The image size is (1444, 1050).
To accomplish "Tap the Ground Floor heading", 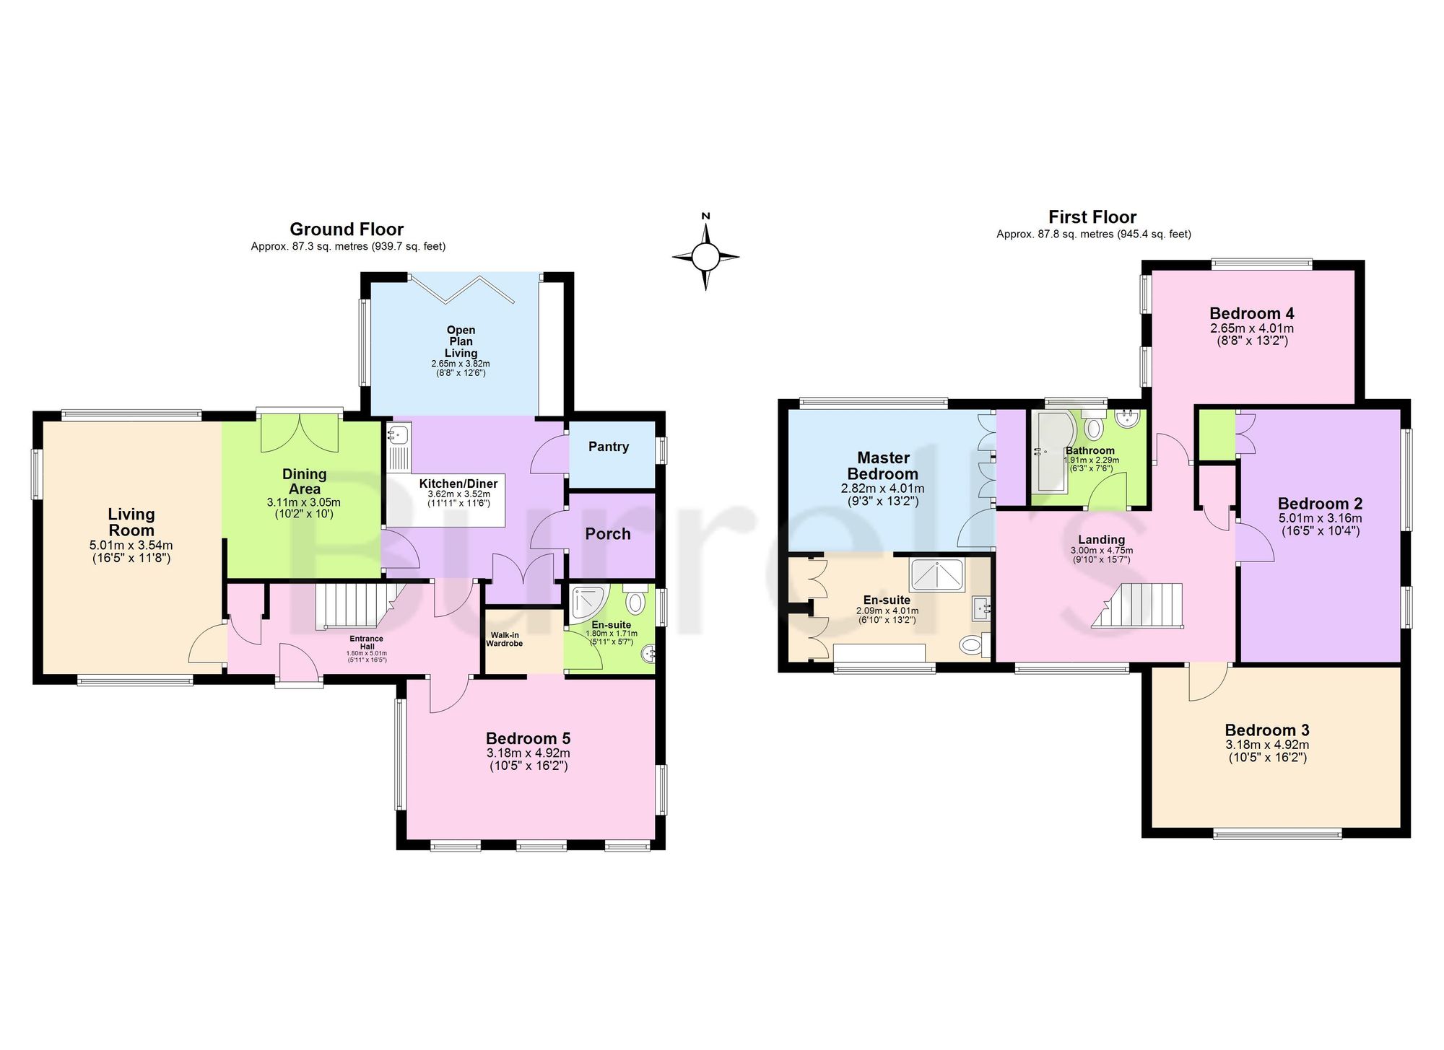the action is point(347,229).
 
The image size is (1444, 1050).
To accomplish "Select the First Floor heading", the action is point(1092,217).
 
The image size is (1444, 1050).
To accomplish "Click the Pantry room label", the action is point(609,447).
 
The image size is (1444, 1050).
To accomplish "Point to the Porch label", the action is point(608,534).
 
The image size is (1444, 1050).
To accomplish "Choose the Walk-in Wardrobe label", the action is point(505,639).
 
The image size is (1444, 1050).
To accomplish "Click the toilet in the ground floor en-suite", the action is point(635,600).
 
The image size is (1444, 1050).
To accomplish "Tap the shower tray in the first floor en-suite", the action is point(936,575).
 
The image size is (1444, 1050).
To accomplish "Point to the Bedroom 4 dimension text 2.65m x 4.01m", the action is point(1252,328).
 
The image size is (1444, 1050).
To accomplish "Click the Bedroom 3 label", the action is point(1267,730).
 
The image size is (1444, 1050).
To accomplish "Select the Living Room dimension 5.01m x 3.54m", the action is point(131,546).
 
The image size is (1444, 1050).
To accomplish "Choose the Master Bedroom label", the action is point(883,466).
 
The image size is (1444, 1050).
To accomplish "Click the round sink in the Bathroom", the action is point(1125,419).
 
